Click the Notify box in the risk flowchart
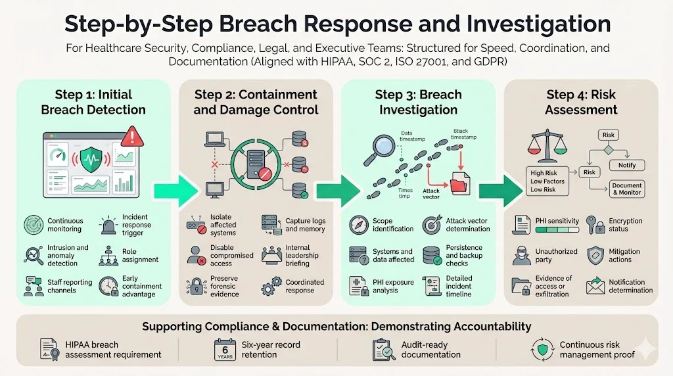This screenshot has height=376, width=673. [x=622, y=165]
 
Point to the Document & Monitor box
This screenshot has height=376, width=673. [x=626, y=189]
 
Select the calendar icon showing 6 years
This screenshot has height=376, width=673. [x=224, y=349]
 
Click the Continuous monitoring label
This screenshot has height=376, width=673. [x=64, y=225]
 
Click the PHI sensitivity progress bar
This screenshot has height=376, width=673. [x=557, y=231]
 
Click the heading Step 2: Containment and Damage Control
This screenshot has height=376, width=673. [x=256, y=102]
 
